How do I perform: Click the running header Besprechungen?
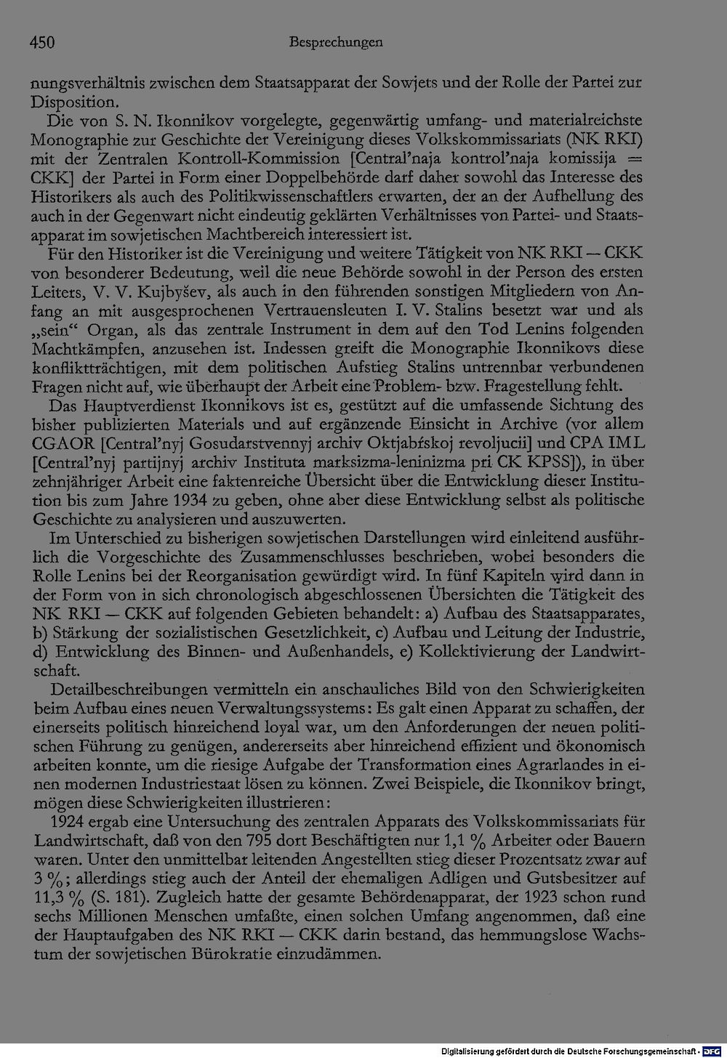(335, 43)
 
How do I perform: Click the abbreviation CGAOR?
(61, 443)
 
